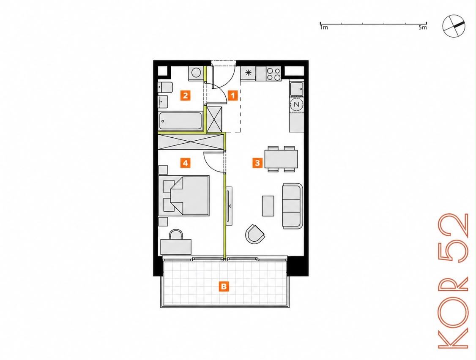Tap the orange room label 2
[x=185, y=95]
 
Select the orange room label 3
[x=257, y=163]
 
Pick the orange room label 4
[x=185, y=163]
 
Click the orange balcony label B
[x=224, y=286]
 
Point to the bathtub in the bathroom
[x=181, y=121]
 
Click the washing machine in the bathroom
[x=196, y=73]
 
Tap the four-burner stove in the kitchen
[x=273, y=74]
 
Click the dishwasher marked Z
[x=297, y=104]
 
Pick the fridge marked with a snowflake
[x=248, y=73]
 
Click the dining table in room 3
[x=281, y=159]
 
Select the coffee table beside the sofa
[x=268, y=206]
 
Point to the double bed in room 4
[x=184, y=196]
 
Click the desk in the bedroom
[x=176, y=246]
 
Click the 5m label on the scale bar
[x=422, y=27]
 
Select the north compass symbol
[x=454, y=27]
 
